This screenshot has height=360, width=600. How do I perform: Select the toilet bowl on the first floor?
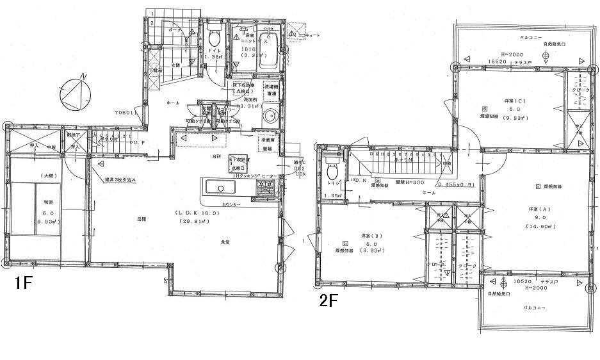click(x=214, y=38)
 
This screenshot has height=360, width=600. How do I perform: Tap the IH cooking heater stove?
click(x=264, y=187)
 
